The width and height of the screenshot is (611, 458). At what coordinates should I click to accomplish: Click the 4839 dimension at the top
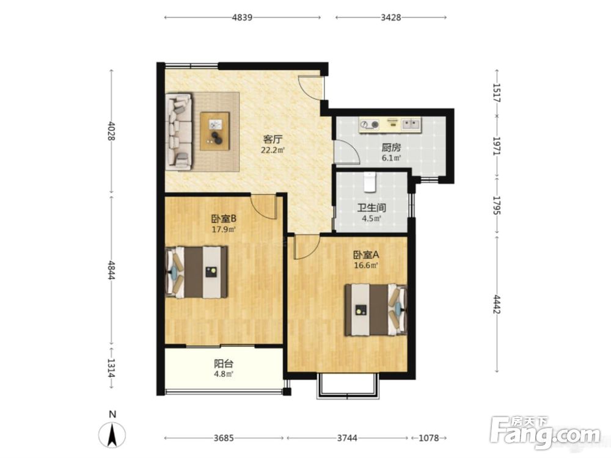(242, 18)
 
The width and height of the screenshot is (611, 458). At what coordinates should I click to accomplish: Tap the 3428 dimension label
(391, 18)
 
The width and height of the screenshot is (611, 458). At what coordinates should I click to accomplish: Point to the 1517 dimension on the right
(497, 93)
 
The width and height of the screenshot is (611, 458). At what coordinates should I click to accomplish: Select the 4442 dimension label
(497, 304)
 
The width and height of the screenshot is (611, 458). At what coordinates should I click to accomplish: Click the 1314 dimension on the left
(111, 368)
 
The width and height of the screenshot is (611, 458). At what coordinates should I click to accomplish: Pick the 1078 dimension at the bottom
(429, 438)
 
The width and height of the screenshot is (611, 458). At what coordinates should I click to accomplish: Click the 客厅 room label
(273, 139)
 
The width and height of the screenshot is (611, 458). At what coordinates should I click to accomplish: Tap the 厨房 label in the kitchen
(391, 148)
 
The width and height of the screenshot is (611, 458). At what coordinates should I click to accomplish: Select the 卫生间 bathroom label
(371, 208)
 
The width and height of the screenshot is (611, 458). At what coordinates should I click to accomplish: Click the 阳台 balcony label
(224, 364)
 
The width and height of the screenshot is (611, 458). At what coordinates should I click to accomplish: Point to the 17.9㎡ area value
(224, 230)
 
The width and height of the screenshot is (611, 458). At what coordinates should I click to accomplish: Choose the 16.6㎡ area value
(366, 266)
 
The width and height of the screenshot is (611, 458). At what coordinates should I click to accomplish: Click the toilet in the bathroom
(370, 182)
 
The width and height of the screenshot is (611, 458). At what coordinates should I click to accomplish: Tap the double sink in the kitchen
(411, 124)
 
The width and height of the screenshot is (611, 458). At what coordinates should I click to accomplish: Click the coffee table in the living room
(214, 131)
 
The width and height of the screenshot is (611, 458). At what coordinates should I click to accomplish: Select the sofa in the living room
(179, 132)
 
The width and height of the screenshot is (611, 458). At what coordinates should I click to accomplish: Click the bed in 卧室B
(197, 272)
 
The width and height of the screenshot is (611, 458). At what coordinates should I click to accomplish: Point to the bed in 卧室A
(376, 310)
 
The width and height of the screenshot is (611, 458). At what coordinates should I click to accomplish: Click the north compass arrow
(112, 435)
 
